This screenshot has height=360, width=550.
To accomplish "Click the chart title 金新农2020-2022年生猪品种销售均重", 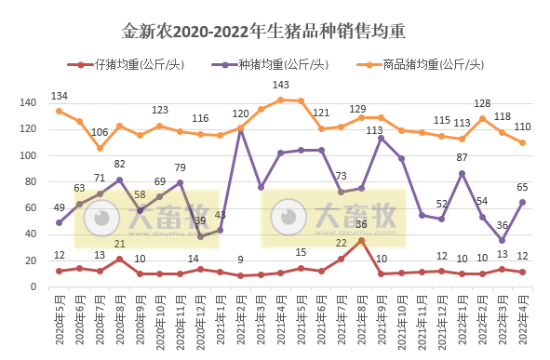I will coord(275,33).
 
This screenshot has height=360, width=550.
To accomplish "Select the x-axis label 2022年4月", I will coord(523,321).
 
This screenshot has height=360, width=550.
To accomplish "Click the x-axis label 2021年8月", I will coord(360,321).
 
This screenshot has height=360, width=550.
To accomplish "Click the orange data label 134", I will coord(60,96).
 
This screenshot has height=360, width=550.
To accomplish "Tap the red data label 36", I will coord(360,224).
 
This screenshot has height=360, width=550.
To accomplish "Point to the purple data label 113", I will coord(376,130).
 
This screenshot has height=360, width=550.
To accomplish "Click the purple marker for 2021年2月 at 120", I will coord(241,128).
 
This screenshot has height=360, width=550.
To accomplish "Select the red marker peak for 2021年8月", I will coord(361,240).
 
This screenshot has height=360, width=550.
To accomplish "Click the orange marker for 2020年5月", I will coord(60,111).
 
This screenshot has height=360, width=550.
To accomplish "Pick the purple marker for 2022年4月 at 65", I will coord(523,202).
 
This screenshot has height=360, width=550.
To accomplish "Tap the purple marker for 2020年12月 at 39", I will coord(200,236).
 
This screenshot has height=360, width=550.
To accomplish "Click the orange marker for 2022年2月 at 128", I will coord(482,118).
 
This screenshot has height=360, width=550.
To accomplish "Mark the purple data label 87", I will coord(462,157).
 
